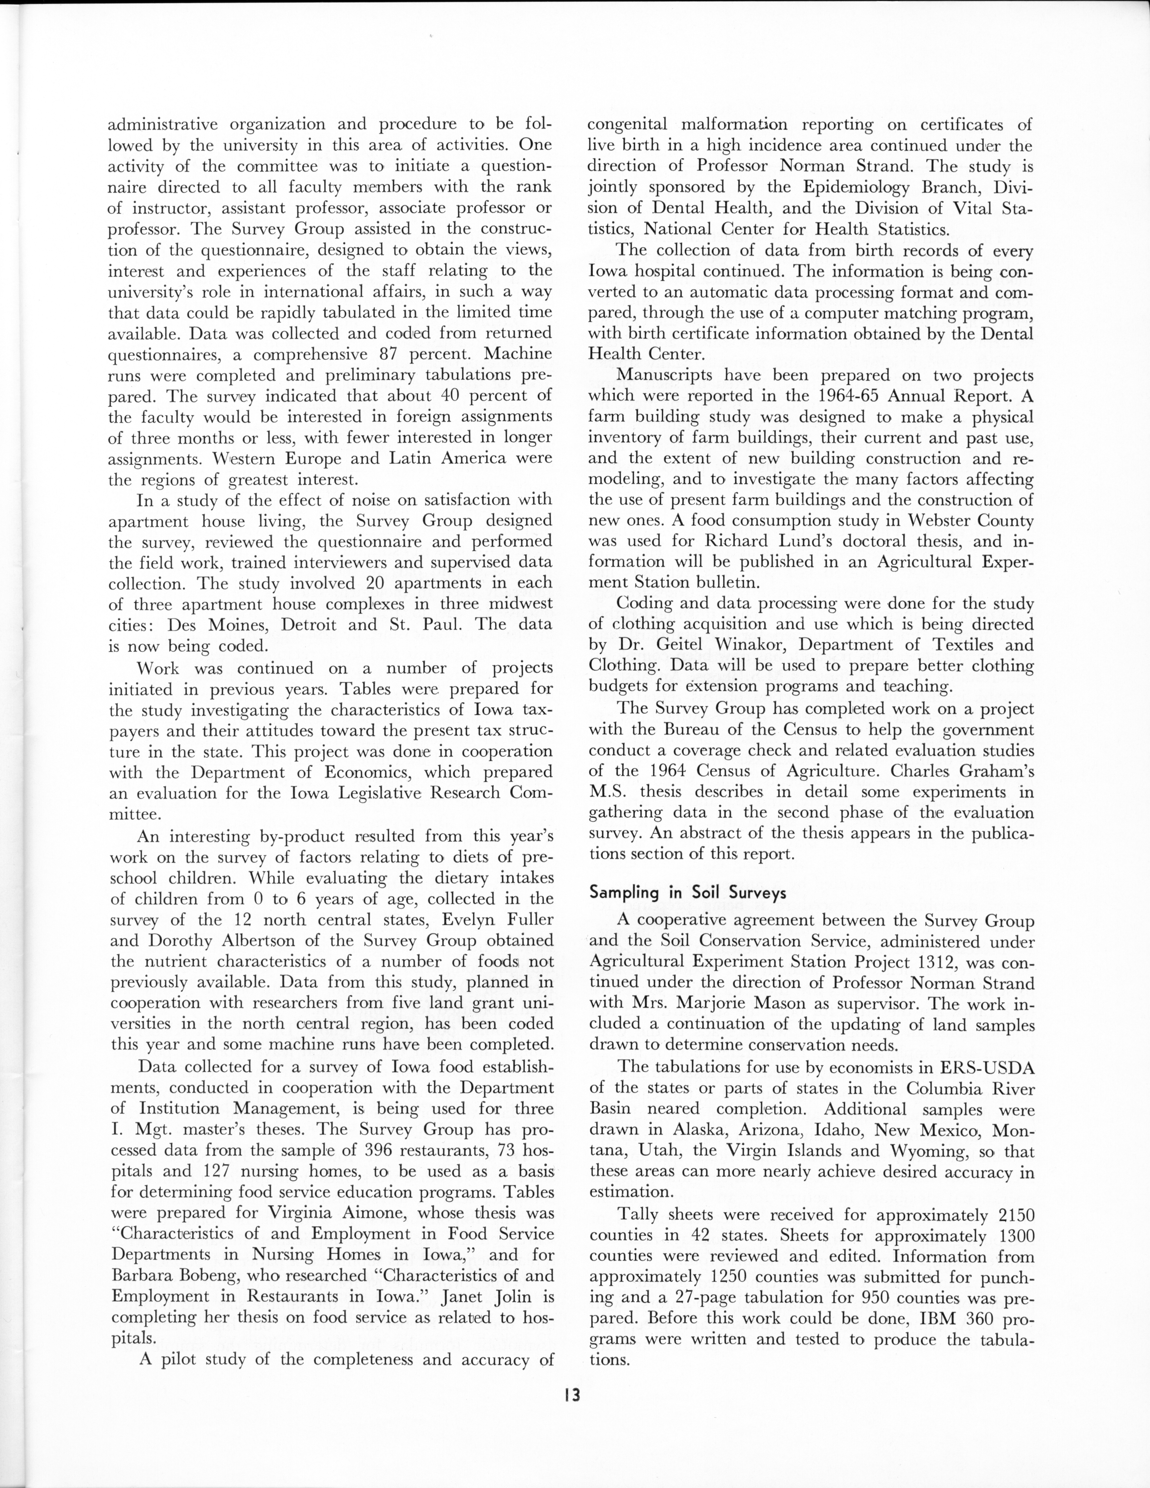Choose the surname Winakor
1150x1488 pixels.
(x=745, y=645)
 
